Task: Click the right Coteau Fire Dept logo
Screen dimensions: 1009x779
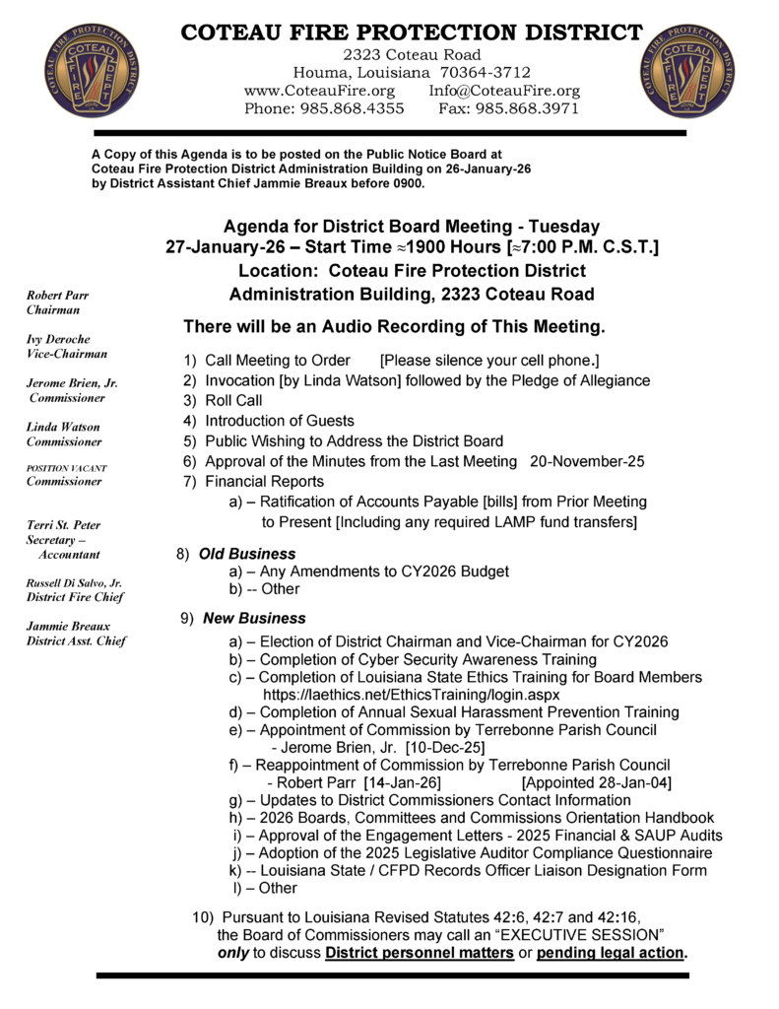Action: coord(687,70)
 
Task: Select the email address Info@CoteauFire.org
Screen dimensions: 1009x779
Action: coord(504,91)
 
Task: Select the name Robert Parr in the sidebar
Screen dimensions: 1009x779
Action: coord(57,295)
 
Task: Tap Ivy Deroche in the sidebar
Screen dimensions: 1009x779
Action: coord(59,339)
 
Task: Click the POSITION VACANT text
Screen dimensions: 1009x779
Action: coord(67,468)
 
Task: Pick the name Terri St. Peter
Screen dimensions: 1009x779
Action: coord(63,525)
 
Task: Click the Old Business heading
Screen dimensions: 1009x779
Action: coord(247,555)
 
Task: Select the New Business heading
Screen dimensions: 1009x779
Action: coord(254,619)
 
